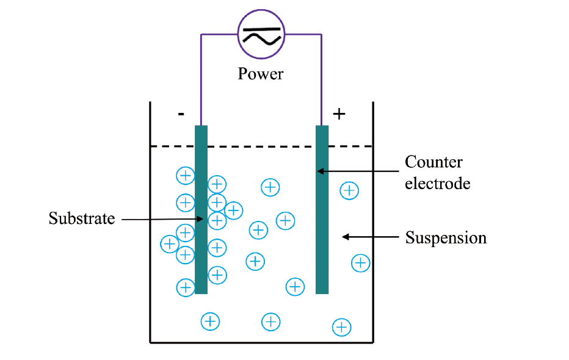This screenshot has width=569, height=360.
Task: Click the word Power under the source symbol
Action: pos(261,74)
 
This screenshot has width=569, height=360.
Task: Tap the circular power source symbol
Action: pos(261,35)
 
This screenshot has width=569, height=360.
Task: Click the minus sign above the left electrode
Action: pos(181,114)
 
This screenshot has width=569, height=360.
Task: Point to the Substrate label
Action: pos(82,218)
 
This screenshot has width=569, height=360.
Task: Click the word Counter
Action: pos(433,162)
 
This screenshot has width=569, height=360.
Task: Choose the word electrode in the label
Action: pos(438,183)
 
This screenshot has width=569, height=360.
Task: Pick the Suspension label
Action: pos(446,237)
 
